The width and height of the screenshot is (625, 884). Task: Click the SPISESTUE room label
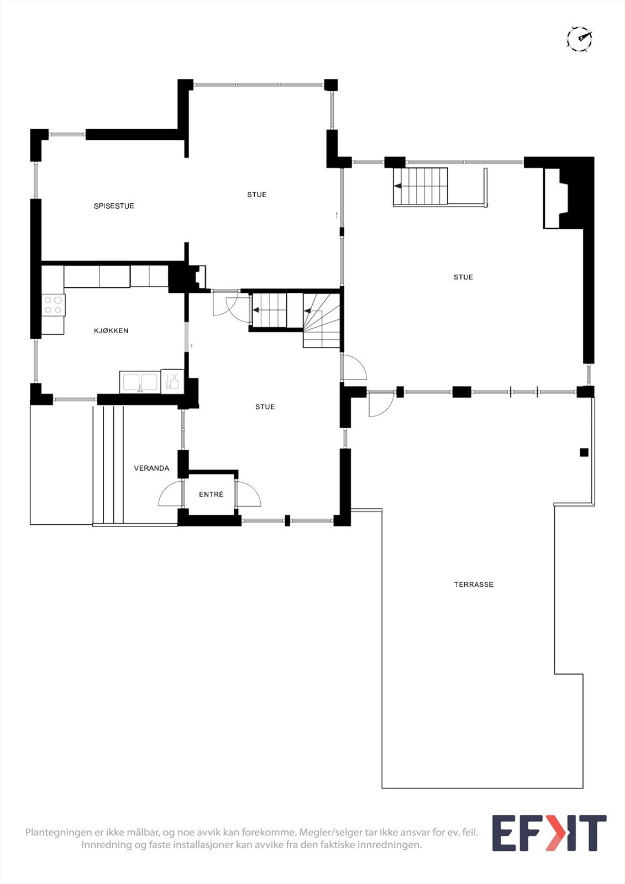pyautogui.click(x=114, y=206)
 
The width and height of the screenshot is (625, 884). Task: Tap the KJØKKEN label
pyautogui.click(x=111, y=331)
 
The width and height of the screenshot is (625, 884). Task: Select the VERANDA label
pyautogui.click(x=151, y=468)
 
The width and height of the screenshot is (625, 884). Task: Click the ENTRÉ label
pyautogui.click(x=211, y=494)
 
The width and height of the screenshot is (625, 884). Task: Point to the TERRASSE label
pyautogui.click(x=474, y=585)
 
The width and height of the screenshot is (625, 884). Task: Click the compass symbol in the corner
pyautogui.click(x=579, y=39)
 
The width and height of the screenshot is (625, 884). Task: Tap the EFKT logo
pyautogui.click(x=549, y=833)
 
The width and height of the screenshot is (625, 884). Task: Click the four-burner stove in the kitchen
pyautogui.click(x=53, y=305)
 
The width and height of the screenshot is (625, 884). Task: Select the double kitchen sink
pyautogui.click(x=140, y=382)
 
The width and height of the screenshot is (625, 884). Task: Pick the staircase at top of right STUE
pyautogui.click(x=420, y=187)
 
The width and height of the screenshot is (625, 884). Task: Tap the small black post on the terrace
pyautogui.click(x=584, y=452)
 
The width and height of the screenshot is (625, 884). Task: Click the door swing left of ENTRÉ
pyautogui.click(x=171, y=494)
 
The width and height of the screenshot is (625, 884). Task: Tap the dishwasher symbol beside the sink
pyautogui.click(x=172, y=381)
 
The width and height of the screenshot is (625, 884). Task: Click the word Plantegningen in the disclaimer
pyautogui.click(x=58, y=832)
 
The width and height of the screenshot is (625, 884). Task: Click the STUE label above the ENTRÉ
pyautogui.click(x=265, y=407)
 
